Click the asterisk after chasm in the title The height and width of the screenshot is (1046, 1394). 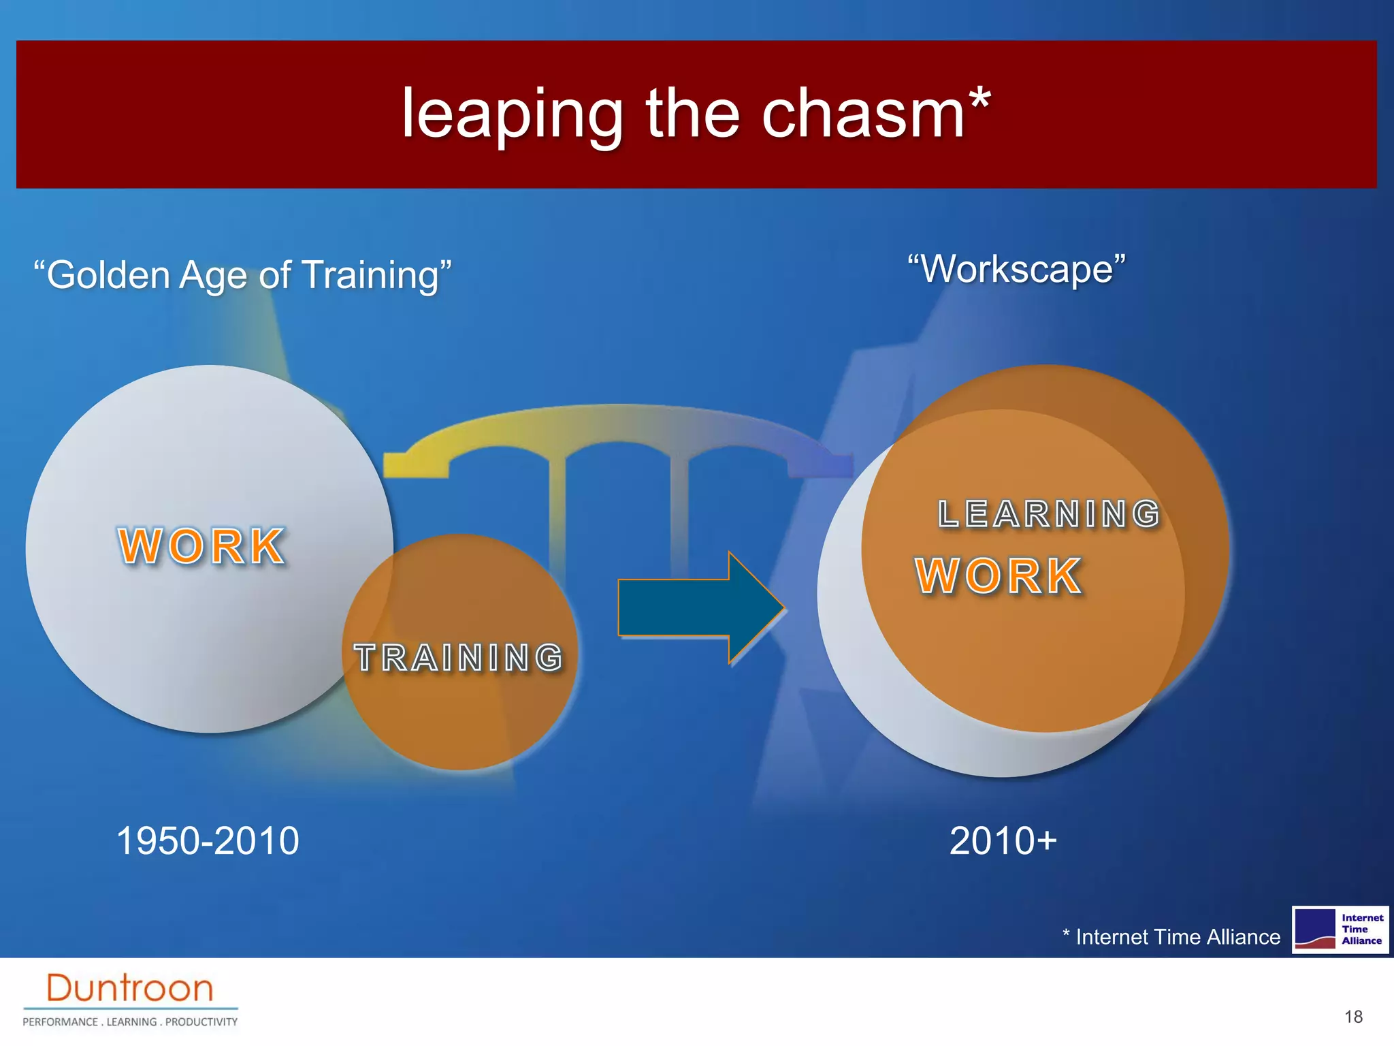(x=979, y=101)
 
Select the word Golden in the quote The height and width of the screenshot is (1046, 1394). (x=108, y=275)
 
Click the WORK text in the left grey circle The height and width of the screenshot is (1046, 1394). (x=201, y=546)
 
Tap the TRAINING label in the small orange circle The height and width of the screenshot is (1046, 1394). (x=459, y=658)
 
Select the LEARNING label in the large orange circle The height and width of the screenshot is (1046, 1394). (x=1048, y=514)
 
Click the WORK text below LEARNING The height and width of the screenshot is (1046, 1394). (x=998, y=576)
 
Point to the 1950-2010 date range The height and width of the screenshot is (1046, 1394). (x=208, y=840)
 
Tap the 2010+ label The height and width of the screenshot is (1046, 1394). (x=1003, y=840)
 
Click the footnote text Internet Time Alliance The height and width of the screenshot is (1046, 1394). (x=1177, y=937)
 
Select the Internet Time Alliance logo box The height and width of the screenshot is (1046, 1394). (x=1340, y=930)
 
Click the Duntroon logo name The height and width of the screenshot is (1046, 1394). (x=129, y=988)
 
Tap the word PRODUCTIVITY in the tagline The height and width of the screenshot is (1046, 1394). (x=201, y=1021)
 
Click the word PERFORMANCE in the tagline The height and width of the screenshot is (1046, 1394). (x=61, y=1021)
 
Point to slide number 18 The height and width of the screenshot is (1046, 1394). (x=1353, y=1017)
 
